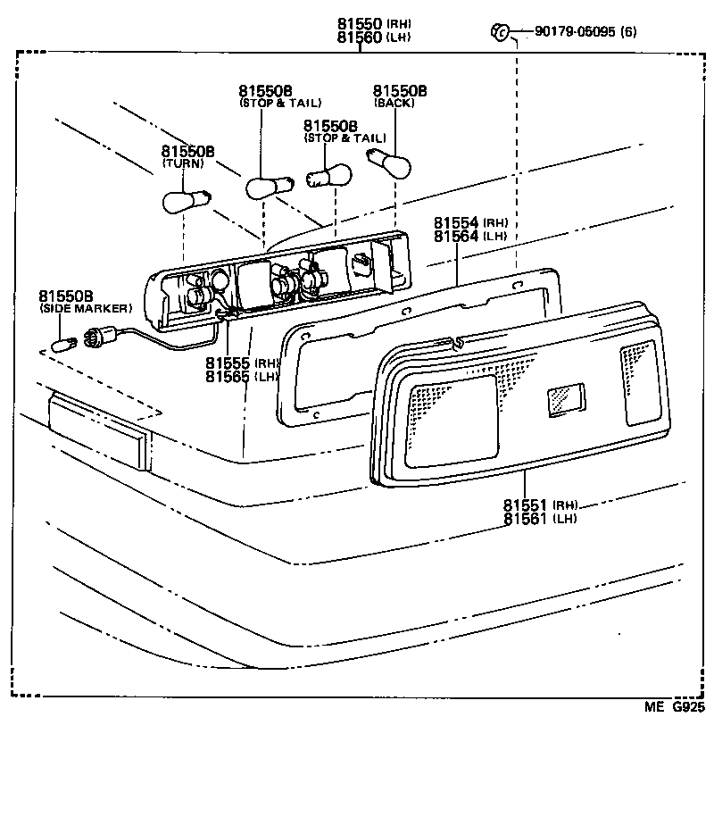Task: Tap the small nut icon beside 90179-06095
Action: point(499,33)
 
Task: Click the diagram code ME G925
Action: point(675,707)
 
